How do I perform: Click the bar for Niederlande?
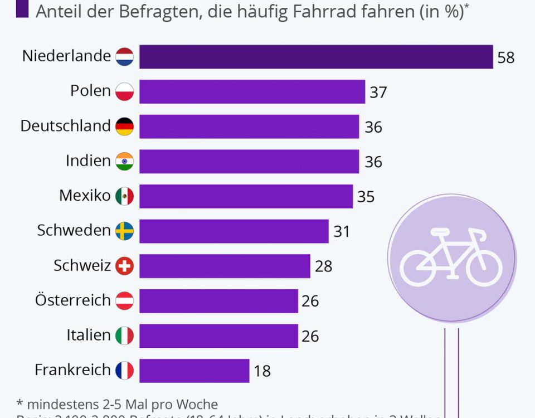[316, 57]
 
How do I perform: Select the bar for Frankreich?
[194, 371]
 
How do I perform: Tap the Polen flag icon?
[124, 91]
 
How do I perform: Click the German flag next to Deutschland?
[124, 127]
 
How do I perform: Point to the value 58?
[505, 57]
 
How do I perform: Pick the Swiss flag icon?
[124, 266]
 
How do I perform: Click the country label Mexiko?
[85, 196]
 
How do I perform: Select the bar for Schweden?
[234, 231]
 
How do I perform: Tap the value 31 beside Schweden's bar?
[341, 231]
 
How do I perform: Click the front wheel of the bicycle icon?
[484, 267]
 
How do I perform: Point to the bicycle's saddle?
[439, 231]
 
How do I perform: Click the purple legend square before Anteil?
[22, 10]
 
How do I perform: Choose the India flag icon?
[124, 162]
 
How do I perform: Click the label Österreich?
[72, 300]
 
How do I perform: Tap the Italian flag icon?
[124, 336]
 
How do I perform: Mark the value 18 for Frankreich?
[262, 371]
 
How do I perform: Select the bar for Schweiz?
[225, 266]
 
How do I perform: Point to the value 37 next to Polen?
[378, 92]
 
